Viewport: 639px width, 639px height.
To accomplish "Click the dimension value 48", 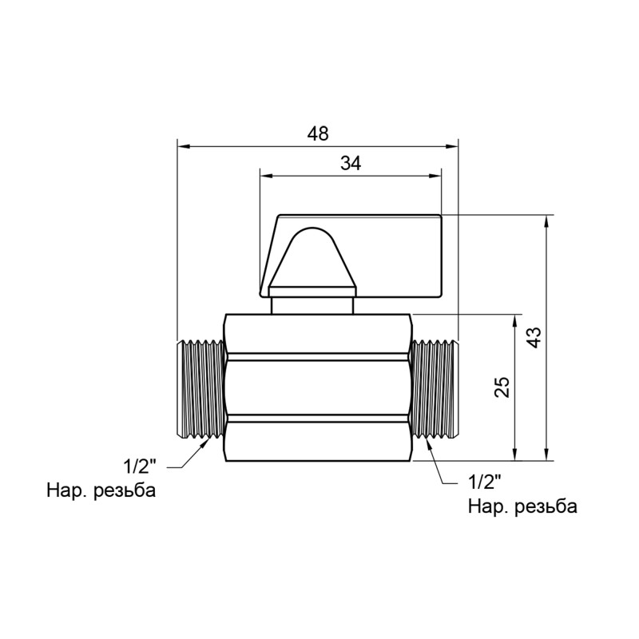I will (318, 133).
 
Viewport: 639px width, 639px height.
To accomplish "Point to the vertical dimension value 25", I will (501, 387).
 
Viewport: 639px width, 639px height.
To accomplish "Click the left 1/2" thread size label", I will (142, 465).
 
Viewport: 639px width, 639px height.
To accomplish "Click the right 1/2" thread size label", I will (483, 482).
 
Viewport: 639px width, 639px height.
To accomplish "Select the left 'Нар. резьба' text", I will (101, 490).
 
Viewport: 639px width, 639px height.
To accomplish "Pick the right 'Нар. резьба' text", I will (522, 506).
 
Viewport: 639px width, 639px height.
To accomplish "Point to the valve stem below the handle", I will (312, 305).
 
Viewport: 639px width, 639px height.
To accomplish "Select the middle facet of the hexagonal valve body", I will (318, 387).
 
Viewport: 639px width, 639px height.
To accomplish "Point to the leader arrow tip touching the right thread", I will (428, 440).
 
